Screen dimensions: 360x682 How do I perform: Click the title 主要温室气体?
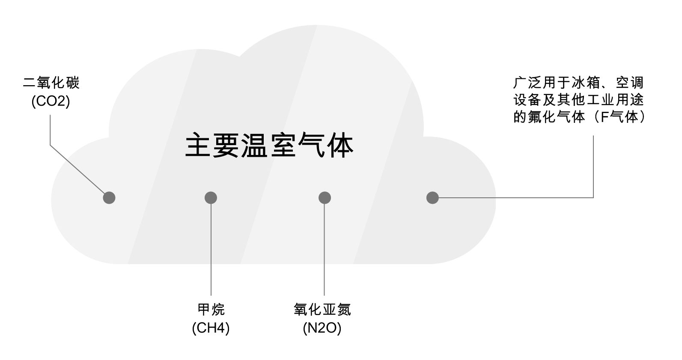269,146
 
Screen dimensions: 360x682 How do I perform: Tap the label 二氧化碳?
51,83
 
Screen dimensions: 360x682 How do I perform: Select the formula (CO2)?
51,102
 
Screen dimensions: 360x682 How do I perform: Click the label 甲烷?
211,309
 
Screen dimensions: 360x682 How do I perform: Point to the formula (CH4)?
211,328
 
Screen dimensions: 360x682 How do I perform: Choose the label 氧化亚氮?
322,309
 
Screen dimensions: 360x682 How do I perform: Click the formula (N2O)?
322,328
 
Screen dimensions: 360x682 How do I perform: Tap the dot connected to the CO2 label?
109,198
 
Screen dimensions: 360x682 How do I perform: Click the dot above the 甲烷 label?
211,198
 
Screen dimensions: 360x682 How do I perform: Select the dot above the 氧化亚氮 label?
325,198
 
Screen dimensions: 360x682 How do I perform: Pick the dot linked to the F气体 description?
432,198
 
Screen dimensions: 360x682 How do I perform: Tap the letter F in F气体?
605,117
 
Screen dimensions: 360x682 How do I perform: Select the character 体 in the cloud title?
340,146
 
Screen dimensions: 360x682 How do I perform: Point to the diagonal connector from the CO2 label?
77,170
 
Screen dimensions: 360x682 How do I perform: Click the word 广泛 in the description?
527,83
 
